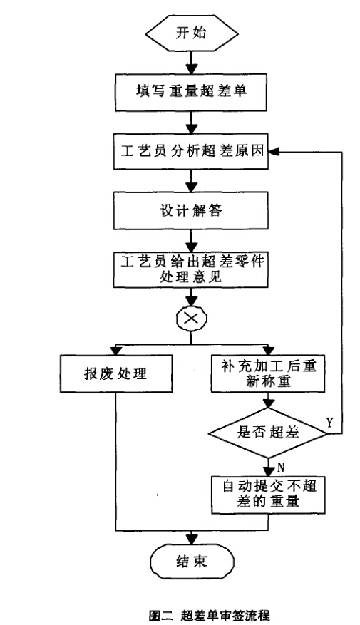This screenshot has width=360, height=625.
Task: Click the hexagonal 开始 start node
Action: (x=191, y=32)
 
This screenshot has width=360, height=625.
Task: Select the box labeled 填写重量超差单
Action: (x=191, y=92)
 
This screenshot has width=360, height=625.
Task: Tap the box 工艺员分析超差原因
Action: (x=191, y=152)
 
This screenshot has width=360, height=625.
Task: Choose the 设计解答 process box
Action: (x=191, y=210)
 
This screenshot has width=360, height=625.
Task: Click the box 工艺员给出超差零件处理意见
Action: (x=191, y=269)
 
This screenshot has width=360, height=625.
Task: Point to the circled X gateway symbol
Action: (x=191, y=319)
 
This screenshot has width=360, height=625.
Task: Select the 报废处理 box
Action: (x=116, y=373)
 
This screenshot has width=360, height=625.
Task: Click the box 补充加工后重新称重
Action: (x=268, y=373)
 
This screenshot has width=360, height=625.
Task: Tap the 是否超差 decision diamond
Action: (x=268, y=433)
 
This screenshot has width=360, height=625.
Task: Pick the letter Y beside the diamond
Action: (x=329, y=423)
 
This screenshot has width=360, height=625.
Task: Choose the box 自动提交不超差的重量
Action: (x=268, y=495)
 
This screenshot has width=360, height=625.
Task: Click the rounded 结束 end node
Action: (x=191, y=562)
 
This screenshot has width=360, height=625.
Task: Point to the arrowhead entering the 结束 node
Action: (x=191, y=538)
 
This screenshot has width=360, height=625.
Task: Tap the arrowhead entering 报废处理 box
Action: (x=116, y=350)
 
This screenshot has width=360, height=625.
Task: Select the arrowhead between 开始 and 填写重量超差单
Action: (x=191, y=68)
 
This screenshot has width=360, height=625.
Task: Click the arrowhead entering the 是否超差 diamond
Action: (x=268, y=403)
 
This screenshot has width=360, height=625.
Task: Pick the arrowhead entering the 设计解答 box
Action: (x=191, y=187)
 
